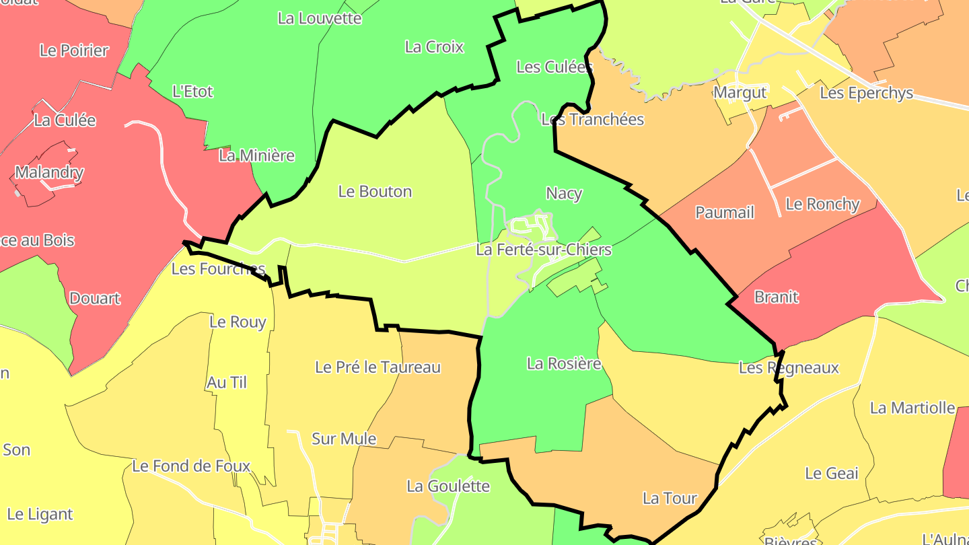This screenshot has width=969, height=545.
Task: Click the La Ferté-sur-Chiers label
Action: [544, 250]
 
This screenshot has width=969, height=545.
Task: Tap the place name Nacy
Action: [564, 194]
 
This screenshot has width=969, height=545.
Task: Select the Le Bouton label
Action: [375, 192]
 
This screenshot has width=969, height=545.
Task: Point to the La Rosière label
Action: [564, 364]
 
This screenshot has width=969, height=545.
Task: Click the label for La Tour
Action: [670, 499]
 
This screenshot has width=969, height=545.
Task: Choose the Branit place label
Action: [776, 297]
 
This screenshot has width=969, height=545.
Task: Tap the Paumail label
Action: [725, 213]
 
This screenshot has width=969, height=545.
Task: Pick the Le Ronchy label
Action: [822, 204]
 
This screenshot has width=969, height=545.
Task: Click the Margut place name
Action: [740, 93]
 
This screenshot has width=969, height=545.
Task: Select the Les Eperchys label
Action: [866, 94]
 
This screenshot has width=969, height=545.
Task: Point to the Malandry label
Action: [49, 172]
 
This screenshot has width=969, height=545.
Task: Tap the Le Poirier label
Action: [74, 50]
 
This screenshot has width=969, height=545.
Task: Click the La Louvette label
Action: [320, 18]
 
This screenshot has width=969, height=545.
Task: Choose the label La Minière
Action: [257, 156]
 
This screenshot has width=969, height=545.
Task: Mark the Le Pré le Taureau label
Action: [378, 367]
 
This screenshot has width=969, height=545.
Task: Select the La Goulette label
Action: [448, 486]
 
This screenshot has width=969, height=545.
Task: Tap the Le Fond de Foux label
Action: [191, 466]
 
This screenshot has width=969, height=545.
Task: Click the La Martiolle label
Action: [912, 408]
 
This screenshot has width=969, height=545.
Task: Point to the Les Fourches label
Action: [219, 269]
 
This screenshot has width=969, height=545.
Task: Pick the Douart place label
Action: [95, 299]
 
